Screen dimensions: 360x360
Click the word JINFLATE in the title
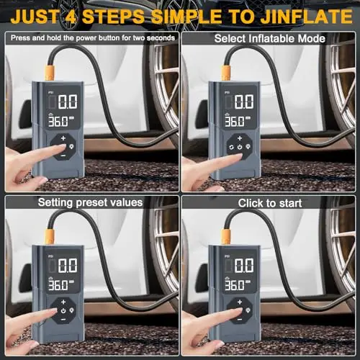point(307,17)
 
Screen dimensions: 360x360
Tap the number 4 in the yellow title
point(71,17)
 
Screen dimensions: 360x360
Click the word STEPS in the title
point(113,17)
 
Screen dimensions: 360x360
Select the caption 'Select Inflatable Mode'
point(270,38)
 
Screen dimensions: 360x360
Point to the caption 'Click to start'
point(270,203)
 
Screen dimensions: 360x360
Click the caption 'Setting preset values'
point(90,202)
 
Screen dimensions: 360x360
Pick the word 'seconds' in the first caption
point(161,38)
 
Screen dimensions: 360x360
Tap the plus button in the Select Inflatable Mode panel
point(240,138)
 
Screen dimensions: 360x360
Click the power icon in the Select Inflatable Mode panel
point(240,147)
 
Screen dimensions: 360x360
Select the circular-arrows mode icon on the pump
point(231,147)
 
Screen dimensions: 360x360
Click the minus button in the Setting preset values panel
point(63,320)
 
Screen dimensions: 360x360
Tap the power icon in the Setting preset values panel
point(63,311)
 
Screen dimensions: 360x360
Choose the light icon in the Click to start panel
point(248,310)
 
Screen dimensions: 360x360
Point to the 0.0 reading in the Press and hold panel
point(68,102)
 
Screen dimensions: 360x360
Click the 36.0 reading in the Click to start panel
point(231,285)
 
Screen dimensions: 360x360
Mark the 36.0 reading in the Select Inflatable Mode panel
point(231,122)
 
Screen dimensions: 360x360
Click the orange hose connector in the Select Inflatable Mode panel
point(226,72)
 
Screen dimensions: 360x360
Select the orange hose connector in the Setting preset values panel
point(50,236)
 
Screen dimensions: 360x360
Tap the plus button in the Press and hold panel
point(63,138)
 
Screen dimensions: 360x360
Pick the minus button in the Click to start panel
point(240,320)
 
